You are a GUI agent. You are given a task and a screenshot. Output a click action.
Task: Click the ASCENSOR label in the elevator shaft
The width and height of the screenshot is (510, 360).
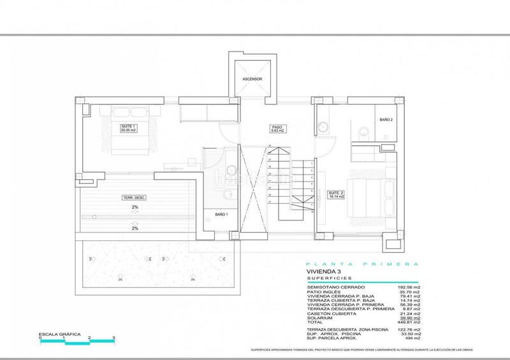pos(252,80)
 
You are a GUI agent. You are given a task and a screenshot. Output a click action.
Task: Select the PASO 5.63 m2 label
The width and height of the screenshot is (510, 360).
pos(276,130)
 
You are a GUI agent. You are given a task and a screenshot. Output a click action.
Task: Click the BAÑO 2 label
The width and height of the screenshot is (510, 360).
pos(385,119)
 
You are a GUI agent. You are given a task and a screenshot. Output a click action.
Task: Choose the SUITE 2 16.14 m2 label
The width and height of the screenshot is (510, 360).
pos(336,194)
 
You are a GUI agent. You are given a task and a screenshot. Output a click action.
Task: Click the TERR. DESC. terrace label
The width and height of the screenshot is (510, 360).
pos(135,198)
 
